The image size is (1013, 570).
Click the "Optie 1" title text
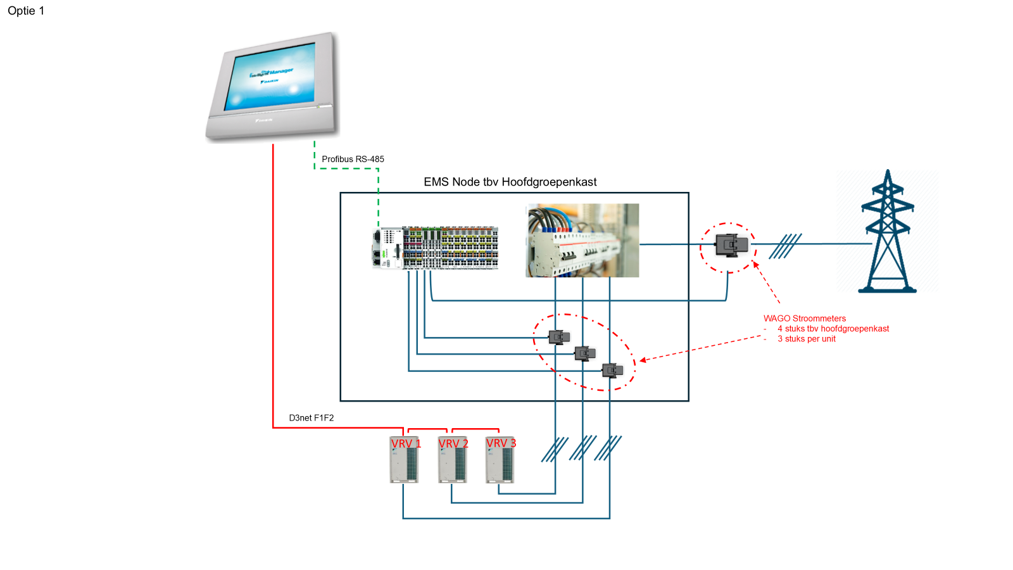[26, 11]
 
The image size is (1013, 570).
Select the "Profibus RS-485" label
[353, 159]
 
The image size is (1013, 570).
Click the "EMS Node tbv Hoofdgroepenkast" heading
[510, 182]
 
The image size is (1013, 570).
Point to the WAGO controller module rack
[436, 248]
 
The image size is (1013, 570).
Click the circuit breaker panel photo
[582, 240]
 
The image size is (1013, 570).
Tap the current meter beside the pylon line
[731, 244]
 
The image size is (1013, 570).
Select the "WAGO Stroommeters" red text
[804, 319]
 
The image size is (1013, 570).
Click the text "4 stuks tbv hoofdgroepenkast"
[833, 329]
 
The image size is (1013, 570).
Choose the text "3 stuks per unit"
[807, 339]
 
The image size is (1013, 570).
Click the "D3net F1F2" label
[311, 418]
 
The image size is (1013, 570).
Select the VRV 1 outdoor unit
[404, 460]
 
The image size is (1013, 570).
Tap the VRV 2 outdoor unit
[452, 460]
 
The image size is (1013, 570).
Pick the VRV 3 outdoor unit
[500, 460]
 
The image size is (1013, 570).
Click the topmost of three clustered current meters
[559, 337]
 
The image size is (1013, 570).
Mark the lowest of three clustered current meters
[612, 370]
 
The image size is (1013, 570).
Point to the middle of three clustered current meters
[584, 353]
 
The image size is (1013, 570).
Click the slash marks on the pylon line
[785, 246]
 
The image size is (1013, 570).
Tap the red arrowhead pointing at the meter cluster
[643, 360]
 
